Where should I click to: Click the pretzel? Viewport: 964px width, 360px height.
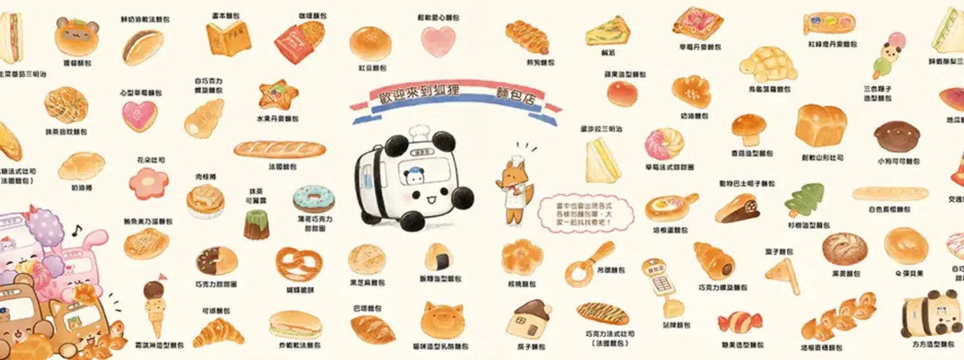(x=298, y=264)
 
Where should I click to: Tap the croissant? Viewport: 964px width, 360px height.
(x=218, y=332)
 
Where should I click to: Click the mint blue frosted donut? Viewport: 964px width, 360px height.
(x=313, y=198)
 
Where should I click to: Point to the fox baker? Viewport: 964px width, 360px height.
(x=512, y=189)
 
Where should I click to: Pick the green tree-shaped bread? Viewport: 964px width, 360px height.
(x=804, y=200)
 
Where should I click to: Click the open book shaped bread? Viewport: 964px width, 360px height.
(x=228, y=38)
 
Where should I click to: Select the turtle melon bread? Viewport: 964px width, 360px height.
(x=768, y=64)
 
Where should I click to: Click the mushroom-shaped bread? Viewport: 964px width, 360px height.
(x=748, y=129)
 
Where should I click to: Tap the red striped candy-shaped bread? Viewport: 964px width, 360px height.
(x=739, y=321)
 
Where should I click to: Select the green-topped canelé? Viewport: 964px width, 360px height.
(x=256, y=224)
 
